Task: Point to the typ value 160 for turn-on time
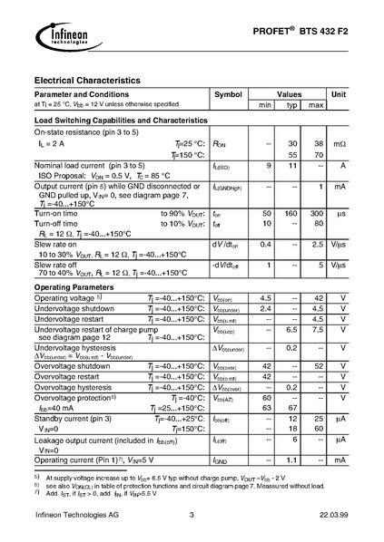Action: tap(292, 213)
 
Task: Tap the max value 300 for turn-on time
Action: tap(316, 213)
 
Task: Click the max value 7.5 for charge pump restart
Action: tap(316, 331)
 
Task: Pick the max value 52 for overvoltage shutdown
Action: tap(316, 365)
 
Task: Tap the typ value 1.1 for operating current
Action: tap(292, 460)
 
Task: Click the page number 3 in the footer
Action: tap(192, 516)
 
